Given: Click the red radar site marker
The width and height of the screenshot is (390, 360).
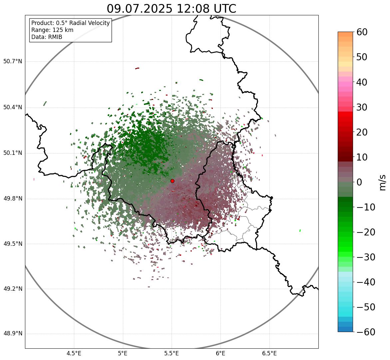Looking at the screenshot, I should tap(173, 181).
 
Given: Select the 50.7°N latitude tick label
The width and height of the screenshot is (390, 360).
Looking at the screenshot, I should tap(13, 62).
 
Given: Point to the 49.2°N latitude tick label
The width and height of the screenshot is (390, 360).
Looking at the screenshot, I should tap(13, 289).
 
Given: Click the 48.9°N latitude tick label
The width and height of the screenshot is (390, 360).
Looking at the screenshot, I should tap(13, 334).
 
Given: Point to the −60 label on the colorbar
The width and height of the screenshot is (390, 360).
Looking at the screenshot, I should tap(366, 332).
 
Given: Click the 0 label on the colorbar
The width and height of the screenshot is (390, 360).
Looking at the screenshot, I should tap(359, 182).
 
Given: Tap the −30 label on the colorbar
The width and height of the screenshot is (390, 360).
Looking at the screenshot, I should tap(366, 257).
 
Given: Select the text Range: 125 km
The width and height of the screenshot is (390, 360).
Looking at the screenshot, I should tap(52, 30).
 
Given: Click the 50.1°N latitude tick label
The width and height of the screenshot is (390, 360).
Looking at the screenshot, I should tap(13, 153).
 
